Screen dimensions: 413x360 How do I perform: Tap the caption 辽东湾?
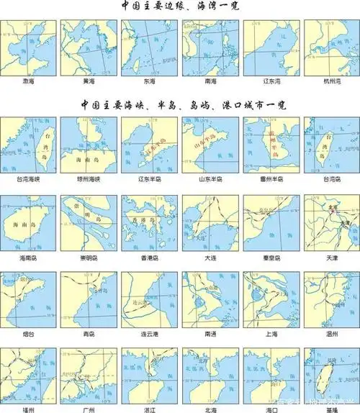click(271, 83)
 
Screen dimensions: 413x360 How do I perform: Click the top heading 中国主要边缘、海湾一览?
click(180, 6)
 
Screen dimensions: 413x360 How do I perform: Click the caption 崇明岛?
click(87, 256)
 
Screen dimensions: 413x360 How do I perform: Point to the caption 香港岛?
click(149, 256)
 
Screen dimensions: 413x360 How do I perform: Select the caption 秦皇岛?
click(270, 256)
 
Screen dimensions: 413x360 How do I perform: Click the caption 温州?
click(330, 334)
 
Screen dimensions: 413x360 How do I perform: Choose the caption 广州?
click(87, 409)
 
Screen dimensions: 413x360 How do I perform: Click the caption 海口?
click(270, 409)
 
